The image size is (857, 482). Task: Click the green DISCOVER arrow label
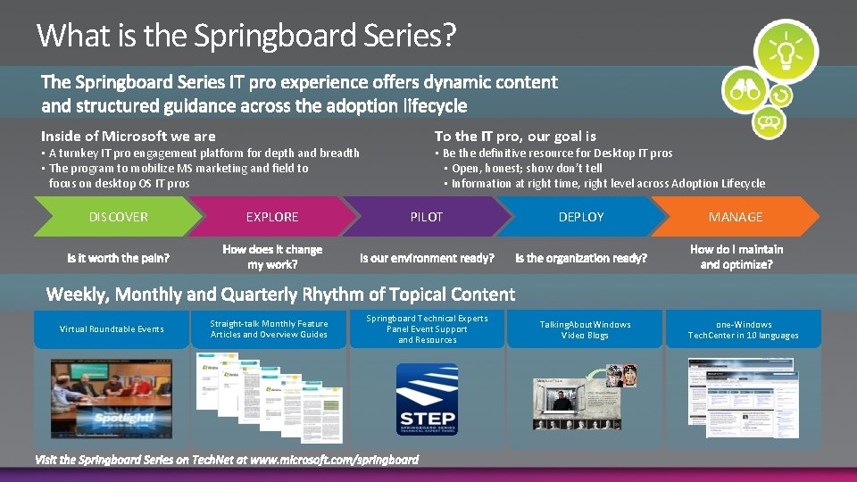point(119,217)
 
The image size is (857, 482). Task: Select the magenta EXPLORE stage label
point(272,217)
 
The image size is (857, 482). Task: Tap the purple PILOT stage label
point(427,217)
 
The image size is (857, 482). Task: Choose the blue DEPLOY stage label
point(581,217)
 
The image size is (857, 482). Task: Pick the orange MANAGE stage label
point(736,217)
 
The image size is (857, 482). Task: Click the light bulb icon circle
point(785,52)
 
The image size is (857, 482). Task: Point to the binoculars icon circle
point(745,89)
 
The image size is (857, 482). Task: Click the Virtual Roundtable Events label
point(112,329)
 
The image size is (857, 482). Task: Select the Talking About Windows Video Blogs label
point(585,329)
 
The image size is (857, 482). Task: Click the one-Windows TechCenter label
point(743,329)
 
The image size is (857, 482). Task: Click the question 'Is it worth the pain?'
point(118,258)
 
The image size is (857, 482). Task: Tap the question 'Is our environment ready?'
point(427,258)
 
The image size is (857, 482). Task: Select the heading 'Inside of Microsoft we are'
point(129,137)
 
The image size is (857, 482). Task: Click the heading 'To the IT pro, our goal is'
point(515,137)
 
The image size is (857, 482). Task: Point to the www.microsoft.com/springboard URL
point(334,460)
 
